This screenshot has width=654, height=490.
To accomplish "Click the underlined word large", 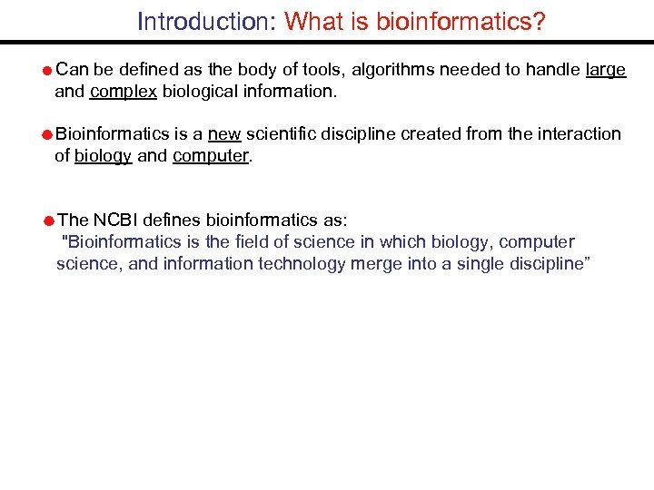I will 606,70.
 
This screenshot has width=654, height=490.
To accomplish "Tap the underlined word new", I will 223,134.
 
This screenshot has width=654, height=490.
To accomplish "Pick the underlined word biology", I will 104,155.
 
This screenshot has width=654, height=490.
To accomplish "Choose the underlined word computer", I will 210,155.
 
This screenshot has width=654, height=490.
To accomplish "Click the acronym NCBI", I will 124,220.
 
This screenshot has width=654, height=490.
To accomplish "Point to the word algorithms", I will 386,70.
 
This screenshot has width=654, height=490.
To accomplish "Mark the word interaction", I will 580,134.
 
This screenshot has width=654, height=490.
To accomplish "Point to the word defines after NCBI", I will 173,220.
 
